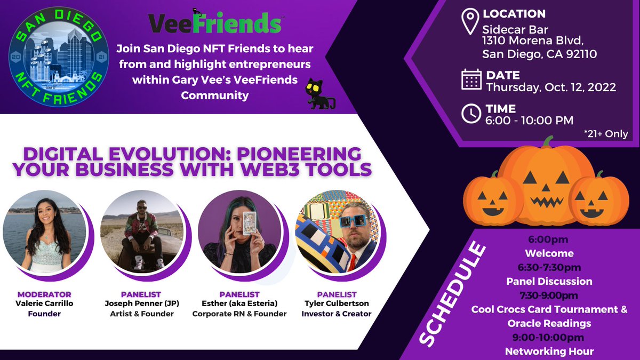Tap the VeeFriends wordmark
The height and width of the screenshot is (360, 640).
click(214, 23)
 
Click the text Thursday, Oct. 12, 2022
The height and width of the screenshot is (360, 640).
click(551, 87)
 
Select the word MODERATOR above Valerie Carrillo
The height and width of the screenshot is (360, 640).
click(44, 294)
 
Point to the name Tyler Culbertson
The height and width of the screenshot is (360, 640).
click(336, 303)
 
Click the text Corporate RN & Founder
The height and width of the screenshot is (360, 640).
click(239, 314)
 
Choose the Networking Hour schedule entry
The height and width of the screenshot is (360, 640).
click(549, 351)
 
